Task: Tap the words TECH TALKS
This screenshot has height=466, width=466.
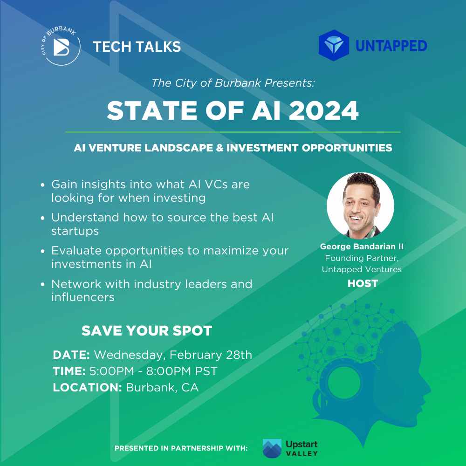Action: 137,47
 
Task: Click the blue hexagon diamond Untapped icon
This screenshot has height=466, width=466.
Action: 334,45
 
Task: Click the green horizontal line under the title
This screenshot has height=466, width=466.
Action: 233,132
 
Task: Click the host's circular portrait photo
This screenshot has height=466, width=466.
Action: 360,206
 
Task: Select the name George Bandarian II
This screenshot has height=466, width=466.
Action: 362,246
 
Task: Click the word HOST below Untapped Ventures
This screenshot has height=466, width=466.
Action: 363,283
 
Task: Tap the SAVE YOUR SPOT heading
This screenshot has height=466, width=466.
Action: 147,331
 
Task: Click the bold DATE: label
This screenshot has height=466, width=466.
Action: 71,355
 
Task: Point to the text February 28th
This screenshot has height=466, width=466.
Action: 211,355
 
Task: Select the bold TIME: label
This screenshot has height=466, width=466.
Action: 69,371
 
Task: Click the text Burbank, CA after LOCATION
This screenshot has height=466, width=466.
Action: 162,388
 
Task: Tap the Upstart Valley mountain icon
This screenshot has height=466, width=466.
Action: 272,448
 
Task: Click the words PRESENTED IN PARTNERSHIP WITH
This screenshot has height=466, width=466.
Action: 181,448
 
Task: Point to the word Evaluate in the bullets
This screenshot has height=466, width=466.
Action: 76,250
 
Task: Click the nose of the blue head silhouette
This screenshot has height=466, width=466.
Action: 427,392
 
